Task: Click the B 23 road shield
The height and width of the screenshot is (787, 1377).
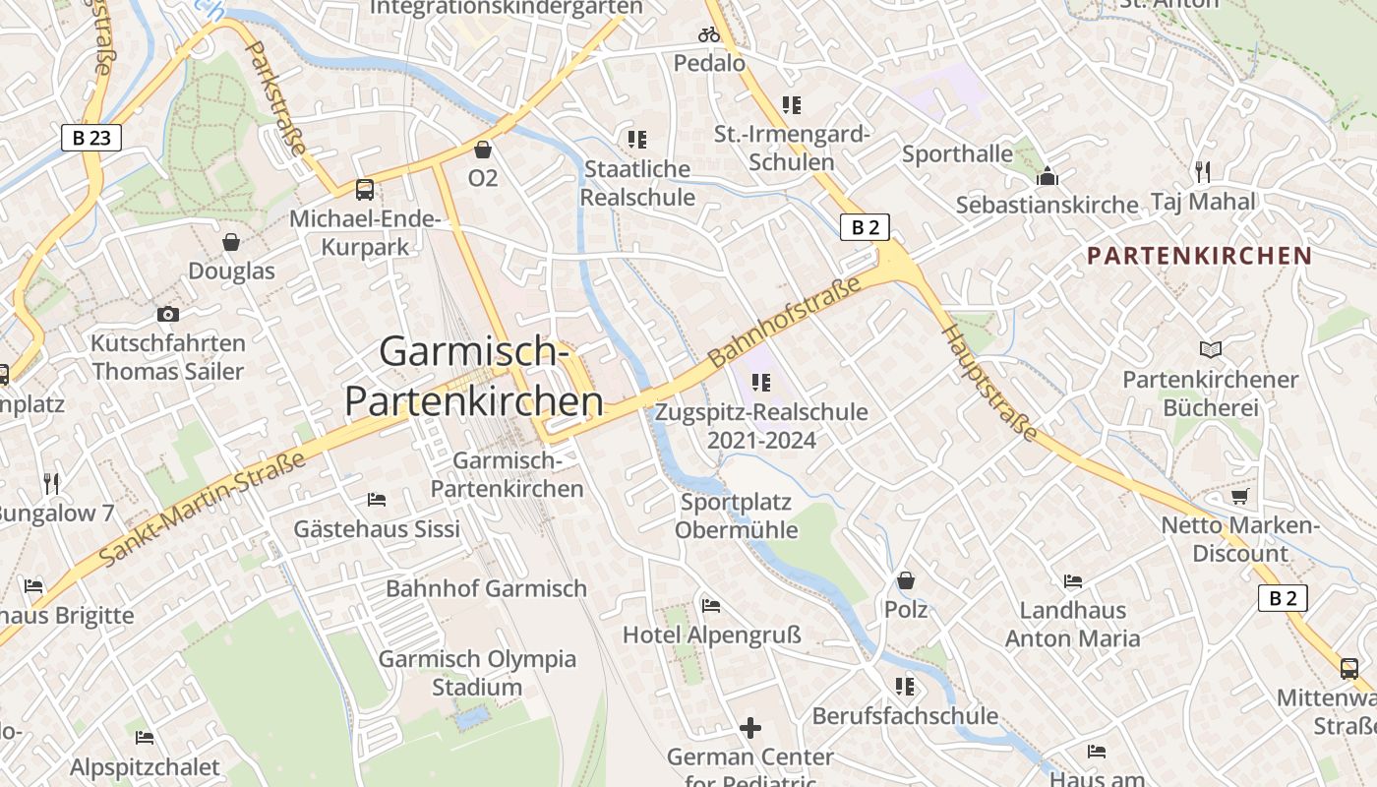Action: (90, 138)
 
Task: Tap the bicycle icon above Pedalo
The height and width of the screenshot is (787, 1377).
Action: (709, 34)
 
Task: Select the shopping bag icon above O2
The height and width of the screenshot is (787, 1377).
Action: (483, 150)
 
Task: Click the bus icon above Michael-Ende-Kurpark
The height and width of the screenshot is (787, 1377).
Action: (364, 190)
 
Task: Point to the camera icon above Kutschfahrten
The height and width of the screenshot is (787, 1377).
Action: (168, 315)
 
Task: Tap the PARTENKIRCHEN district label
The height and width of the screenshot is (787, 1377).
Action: (1199, 256)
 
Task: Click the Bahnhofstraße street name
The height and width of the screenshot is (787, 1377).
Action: (784, 321)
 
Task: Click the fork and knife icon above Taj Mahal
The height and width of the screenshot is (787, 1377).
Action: (1202, 172)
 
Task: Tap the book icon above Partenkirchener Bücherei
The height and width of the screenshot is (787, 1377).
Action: (1210, 350)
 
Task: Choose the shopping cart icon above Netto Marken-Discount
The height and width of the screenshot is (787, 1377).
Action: (1239, 496)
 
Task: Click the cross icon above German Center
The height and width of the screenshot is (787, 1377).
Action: (750, 728)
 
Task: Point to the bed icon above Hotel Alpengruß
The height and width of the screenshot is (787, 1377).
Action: (711, 605)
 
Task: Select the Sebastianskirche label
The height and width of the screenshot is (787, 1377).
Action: (1047, 206)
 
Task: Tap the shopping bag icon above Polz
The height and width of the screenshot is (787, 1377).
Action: (905, 580)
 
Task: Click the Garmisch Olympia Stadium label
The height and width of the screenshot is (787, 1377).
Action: (477, 673)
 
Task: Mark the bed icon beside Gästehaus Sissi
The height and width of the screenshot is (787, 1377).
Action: (376, 500)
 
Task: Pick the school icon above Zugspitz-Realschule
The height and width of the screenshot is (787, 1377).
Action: (760, 382)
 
